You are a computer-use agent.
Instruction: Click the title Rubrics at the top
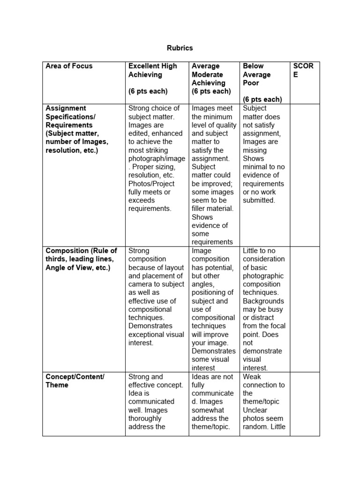(180, 48)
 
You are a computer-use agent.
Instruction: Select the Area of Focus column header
(69, 66)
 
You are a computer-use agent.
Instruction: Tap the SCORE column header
(303, 70)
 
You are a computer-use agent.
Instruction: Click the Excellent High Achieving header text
(153, 70)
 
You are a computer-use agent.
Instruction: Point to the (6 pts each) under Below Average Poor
(262, 99)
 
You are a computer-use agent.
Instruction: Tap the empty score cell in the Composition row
(305, 309)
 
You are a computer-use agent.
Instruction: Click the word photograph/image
(157, 158)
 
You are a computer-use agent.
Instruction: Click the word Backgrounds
(263, 301)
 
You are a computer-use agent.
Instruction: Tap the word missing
(255, 150)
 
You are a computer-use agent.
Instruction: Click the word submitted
(258, 200)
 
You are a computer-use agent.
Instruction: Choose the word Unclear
(255, 410)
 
